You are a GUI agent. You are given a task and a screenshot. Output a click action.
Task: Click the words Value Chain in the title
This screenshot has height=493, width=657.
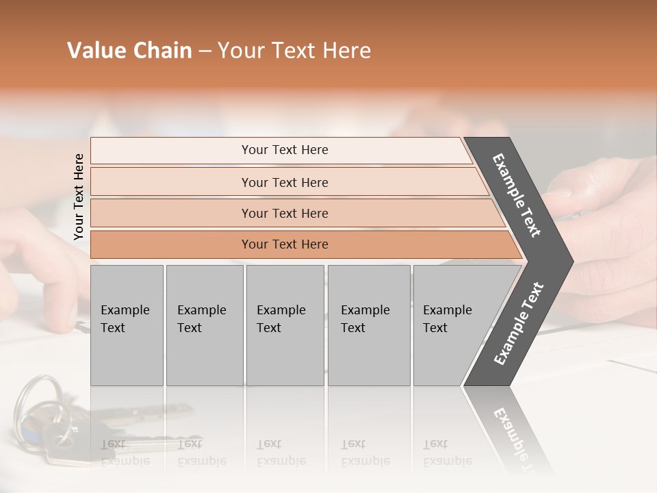[129, 51]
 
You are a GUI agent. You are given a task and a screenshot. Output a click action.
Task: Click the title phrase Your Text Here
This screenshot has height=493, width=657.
[294, 51]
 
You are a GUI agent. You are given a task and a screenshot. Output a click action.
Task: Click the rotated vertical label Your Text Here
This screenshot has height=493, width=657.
[79, 197]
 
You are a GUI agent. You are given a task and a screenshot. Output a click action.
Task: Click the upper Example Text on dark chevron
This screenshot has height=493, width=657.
[517, 195]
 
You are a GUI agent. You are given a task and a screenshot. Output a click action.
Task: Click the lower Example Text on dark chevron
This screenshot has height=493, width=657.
[518, 324]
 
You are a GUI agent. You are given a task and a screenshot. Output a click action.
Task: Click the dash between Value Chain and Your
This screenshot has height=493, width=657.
[205, 51]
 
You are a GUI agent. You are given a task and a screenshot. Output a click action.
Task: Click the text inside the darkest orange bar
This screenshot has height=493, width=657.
[285, 244]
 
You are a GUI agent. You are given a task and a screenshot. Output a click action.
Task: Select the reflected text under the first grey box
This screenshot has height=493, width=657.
[125, 453]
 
